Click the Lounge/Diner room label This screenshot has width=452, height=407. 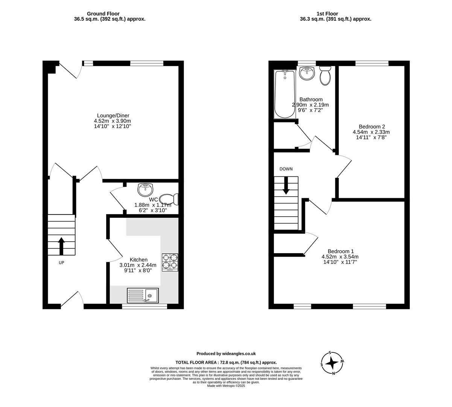tap(113, 115)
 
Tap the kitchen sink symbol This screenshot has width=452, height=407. tap(143, 295)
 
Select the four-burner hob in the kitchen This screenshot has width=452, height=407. tap(170, 262)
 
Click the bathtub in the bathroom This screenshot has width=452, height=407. tap(285, 94)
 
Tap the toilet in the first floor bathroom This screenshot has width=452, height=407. tap(325, 76)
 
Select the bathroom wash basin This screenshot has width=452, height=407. tap(307, 73)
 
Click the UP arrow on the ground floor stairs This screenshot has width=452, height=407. tap(61, 246)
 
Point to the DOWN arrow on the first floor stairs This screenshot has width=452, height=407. tap(286, 185)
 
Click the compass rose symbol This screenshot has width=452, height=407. tap(332, 363)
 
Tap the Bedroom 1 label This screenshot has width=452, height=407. tap(341, 251)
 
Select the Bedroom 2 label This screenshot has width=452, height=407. tap(371, 127)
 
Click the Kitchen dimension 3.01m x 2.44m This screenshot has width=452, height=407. tap(138, 265)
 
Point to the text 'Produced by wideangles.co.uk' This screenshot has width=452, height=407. tap(226, 353)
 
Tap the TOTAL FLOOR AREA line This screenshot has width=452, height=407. tap(226, 362)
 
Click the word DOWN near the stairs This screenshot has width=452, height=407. tap(286, 169)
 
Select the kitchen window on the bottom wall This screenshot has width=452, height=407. tap(145, 306)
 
